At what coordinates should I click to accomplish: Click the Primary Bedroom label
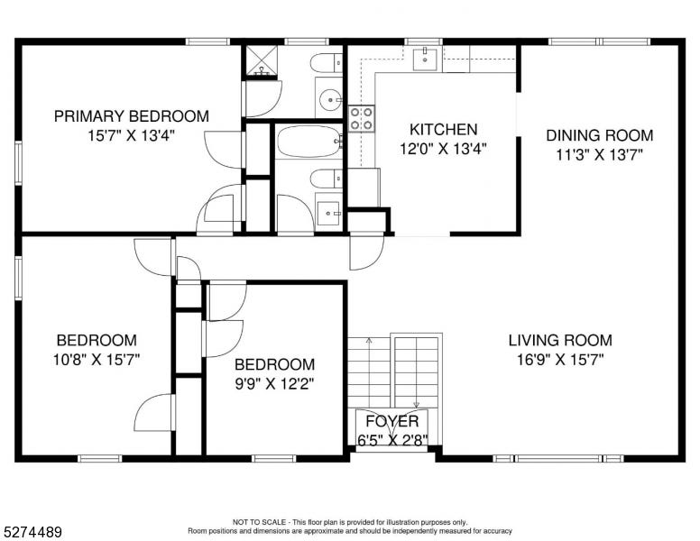[x=132, y=116]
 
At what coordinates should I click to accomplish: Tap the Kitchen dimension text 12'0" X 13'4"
[x=443, y=149]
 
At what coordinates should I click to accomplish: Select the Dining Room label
[x=600, y=135]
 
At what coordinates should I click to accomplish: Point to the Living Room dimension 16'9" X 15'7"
[x=560, y=360]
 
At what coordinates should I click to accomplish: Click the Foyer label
[x=392, y=421]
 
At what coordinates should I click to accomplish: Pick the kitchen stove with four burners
[x=361, y=118]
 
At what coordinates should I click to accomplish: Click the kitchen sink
[x=425, y=59]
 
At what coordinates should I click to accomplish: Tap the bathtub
[x=309, y=141]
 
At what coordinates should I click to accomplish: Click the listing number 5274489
[x=32, y=532]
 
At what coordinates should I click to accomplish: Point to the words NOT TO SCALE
[x=259, y=522]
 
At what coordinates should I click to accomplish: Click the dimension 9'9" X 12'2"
[x=274, y=383]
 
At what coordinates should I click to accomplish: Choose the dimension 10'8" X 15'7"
[x=97, y=360]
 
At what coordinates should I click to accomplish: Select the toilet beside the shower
[x=327, y=63]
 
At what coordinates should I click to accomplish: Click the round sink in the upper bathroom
[x=329, y=98]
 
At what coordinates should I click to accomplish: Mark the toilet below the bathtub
[x=327, y=179]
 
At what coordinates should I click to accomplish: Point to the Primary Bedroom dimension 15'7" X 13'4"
[x=131, y=135]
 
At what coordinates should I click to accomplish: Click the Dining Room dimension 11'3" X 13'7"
[x=599, y=155]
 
